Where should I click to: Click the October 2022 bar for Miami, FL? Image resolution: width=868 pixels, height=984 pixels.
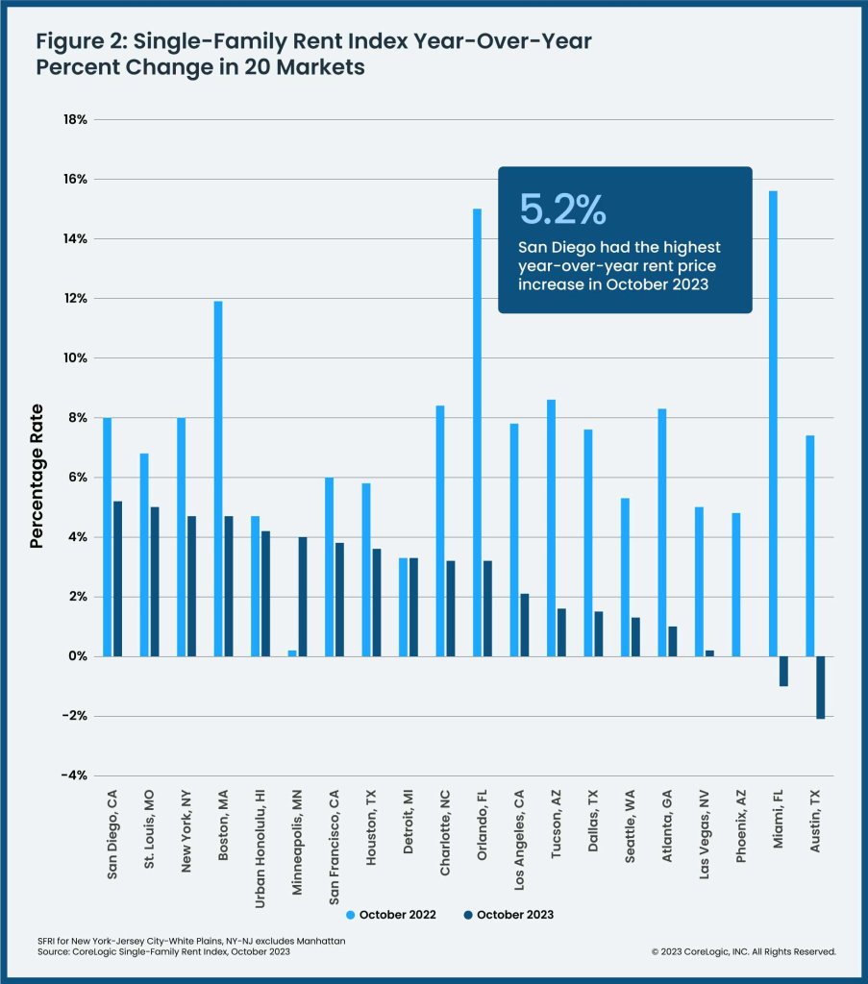773,423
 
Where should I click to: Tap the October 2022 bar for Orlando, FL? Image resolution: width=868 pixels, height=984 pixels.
477,432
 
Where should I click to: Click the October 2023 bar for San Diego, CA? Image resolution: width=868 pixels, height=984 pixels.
117,578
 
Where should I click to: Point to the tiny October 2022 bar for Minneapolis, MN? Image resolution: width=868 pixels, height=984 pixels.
291,653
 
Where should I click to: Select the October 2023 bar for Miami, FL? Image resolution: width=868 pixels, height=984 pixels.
782,671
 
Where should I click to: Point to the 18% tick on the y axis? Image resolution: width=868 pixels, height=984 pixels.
75,120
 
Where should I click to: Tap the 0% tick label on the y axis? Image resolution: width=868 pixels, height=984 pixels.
77,656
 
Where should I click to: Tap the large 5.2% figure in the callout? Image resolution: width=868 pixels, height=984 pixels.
562,209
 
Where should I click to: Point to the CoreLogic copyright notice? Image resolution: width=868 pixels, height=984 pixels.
743,951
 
